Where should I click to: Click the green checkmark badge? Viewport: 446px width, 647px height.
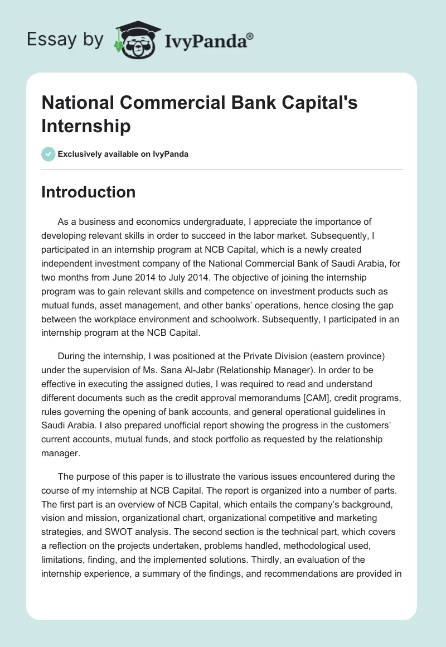click(x=49, y=154)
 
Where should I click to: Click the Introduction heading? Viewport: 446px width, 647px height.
click(x=89, y=192)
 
